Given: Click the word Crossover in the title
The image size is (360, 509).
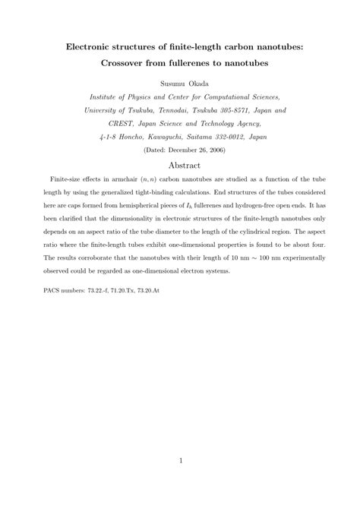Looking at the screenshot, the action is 127,62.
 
